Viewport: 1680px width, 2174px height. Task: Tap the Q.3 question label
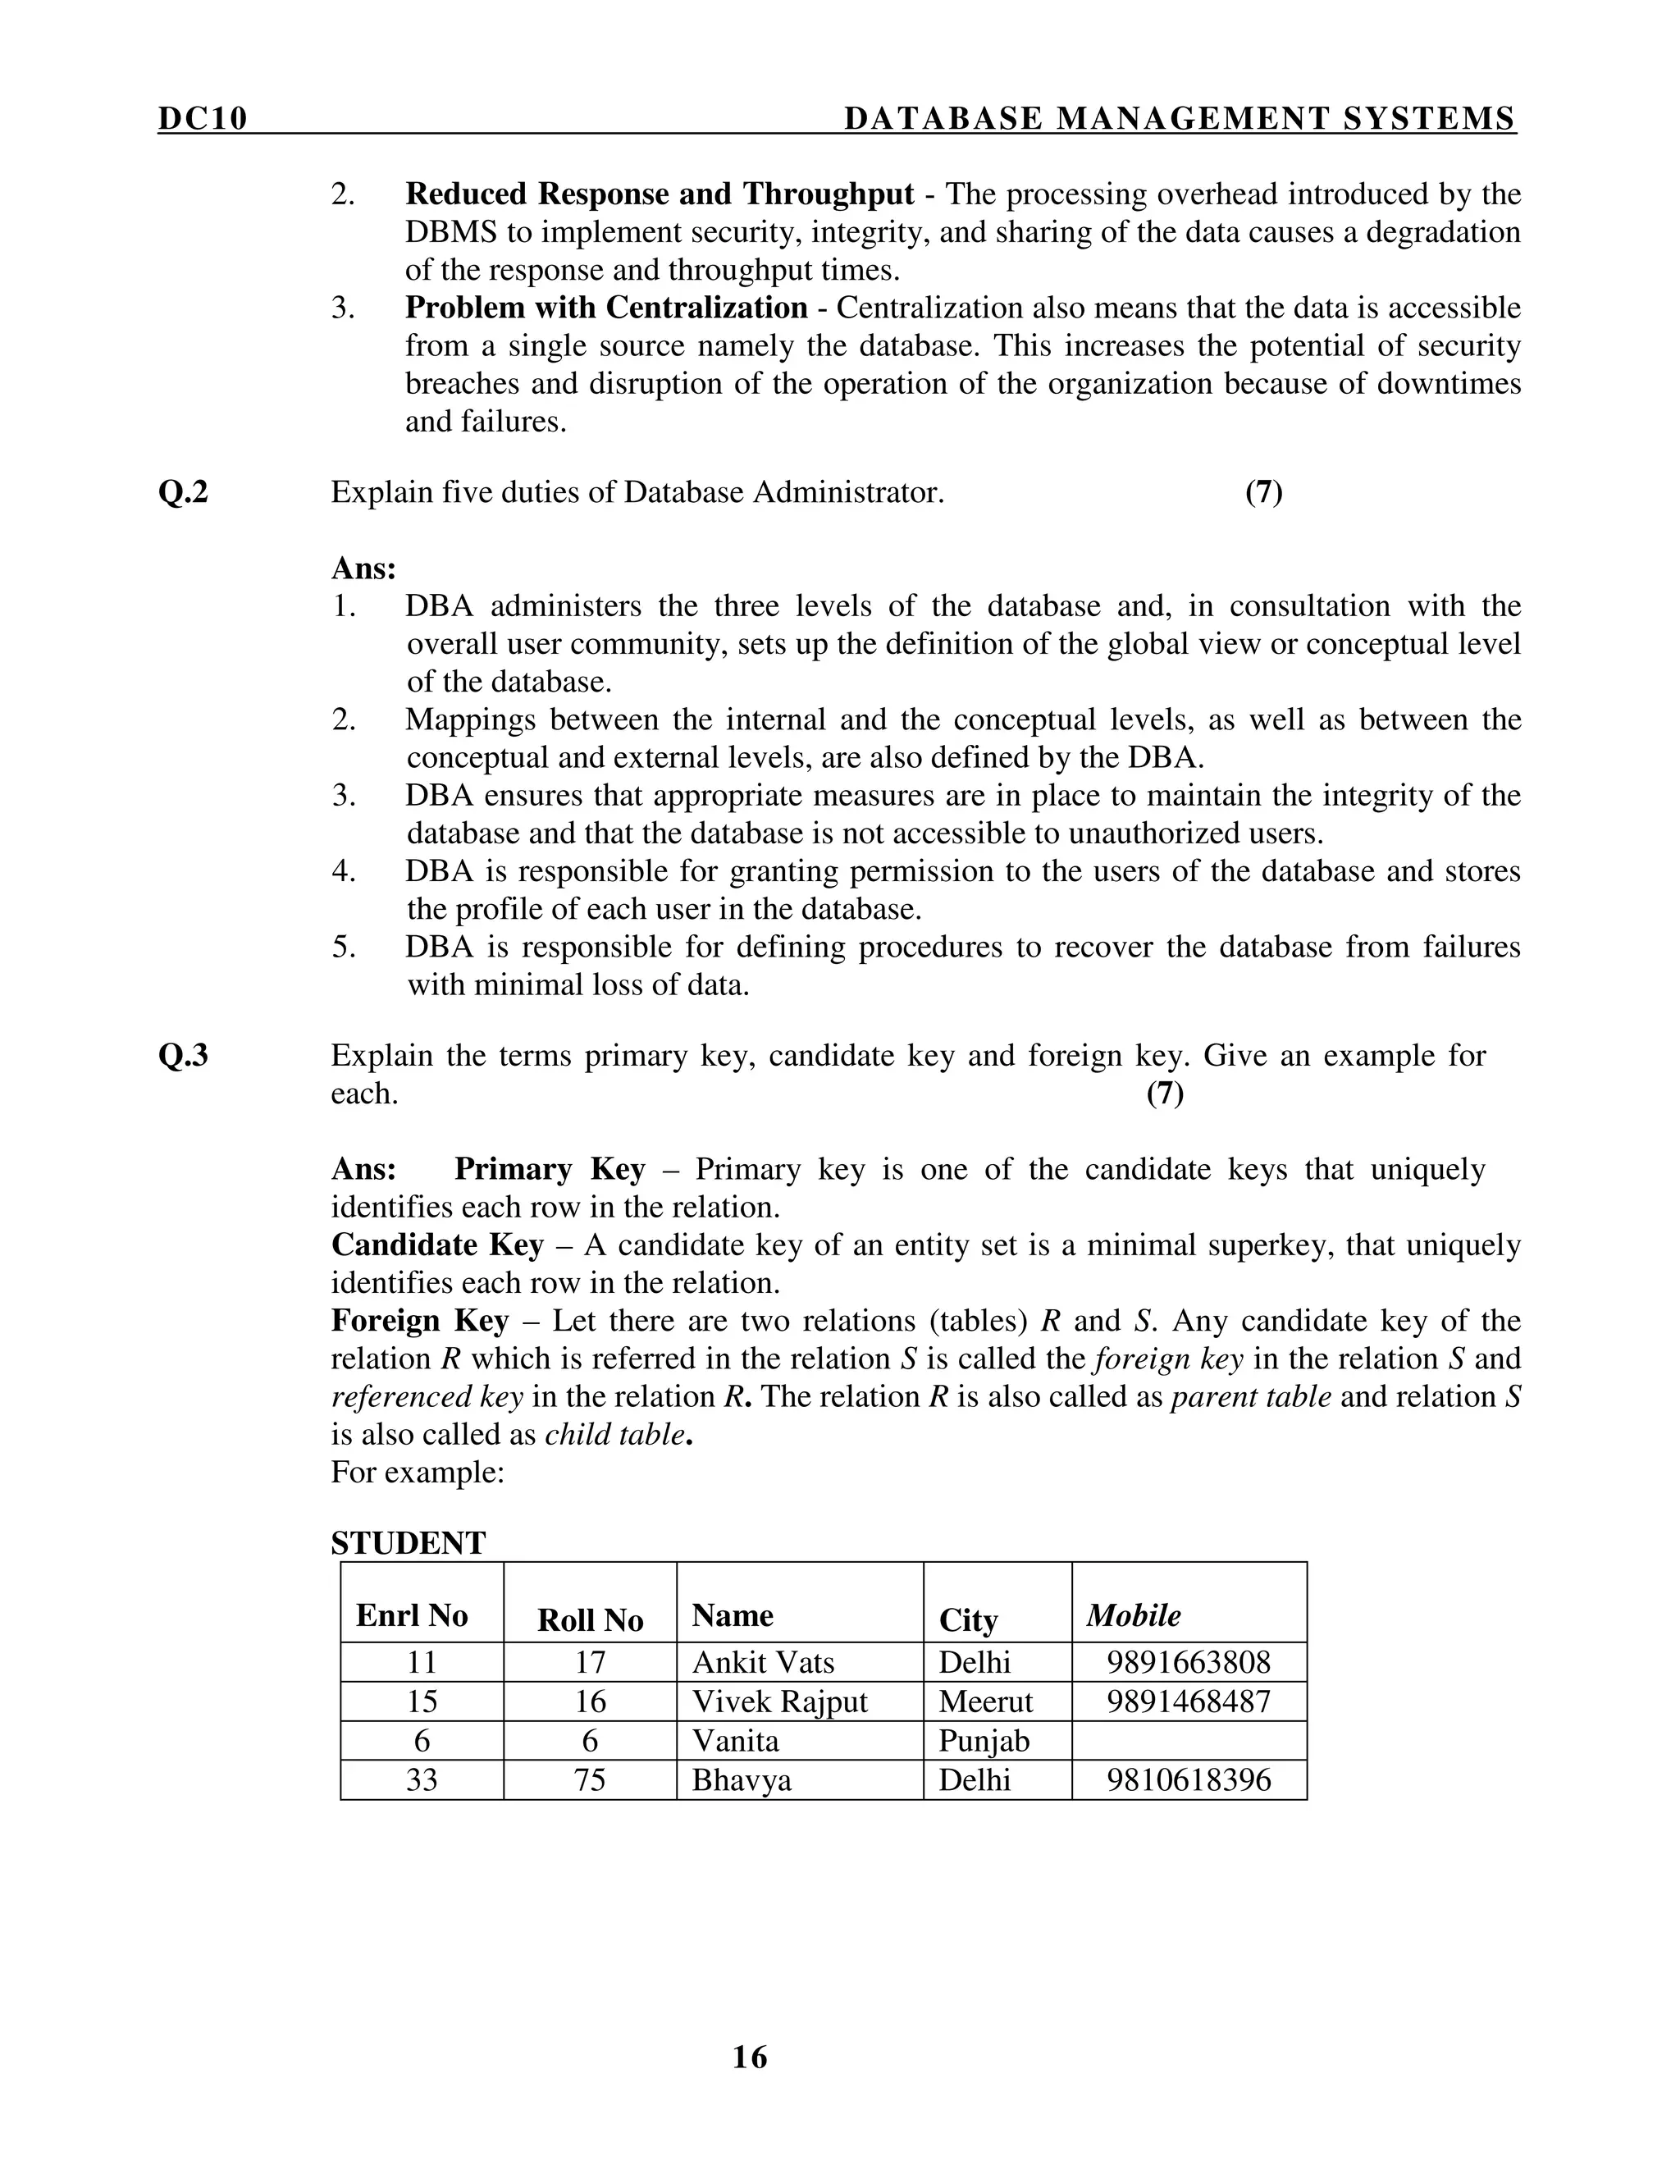(183, 1055)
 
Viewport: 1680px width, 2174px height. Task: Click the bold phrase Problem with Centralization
(605, 308)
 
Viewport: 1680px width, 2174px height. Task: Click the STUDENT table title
(408, 1544)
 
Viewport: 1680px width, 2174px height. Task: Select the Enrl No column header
(412, 1615)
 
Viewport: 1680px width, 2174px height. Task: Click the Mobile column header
(1134, 1615)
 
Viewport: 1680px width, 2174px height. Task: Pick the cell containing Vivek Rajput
(779, 1701)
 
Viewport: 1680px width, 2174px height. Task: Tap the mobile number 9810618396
(1189, 1780)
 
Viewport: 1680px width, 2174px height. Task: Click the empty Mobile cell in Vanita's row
(1189, 1741)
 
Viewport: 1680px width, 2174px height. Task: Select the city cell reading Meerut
(985, 1701)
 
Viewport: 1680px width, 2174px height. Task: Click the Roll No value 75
(590, 1780)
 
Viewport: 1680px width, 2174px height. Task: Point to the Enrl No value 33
(422, 1780)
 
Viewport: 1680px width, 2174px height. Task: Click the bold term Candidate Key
(437, 1245)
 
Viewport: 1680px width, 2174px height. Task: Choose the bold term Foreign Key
(419, 1321)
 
